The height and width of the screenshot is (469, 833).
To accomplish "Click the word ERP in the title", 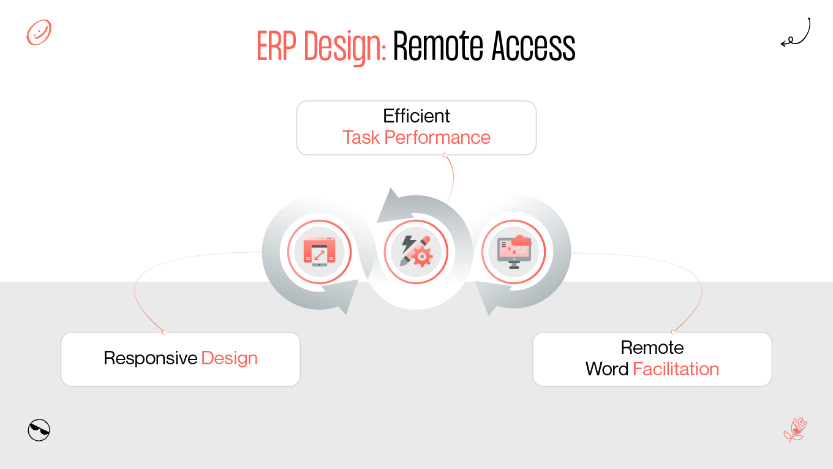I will point(277,47).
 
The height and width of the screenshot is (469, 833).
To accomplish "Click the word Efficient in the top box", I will point(417,116).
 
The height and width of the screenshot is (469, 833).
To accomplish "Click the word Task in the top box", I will point(361,137).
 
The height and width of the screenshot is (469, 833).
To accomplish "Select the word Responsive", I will point(151,358).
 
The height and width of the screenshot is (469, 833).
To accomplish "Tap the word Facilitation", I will point(676,369).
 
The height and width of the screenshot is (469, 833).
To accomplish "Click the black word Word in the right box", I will point(607,369).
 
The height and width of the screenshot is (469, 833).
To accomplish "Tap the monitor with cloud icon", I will point(513,252).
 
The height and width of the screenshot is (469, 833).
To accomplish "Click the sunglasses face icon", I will point(39,430).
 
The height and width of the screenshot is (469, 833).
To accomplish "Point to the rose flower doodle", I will point(796,429).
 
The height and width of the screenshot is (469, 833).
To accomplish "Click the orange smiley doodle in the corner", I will point(39,32).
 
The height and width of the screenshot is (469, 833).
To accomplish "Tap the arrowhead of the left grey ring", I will point(350,297).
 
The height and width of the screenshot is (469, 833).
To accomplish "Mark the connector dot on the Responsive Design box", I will point(164,332).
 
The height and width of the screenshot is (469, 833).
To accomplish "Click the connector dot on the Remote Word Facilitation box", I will point(674,332).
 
